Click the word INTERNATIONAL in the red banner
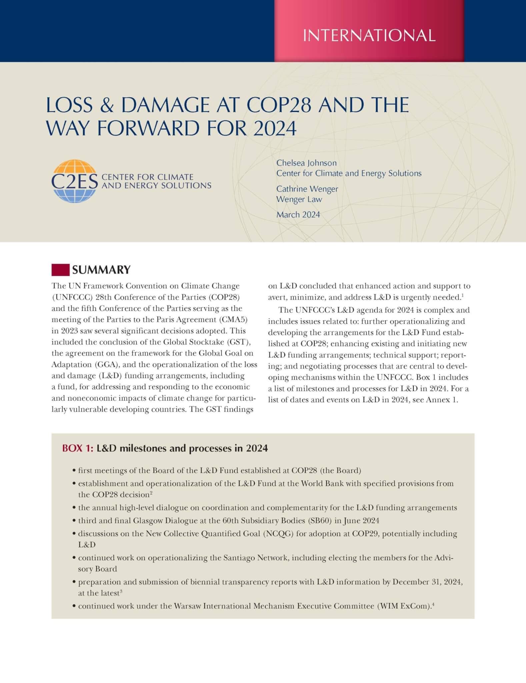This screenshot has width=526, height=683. (x=369, y=35)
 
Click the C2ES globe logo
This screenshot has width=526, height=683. (x=74, y=181)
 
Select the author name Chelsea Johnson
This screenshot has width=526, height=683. (x=306, y=163)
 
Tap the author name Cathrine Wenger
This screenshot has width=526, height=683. (x=307, y=189)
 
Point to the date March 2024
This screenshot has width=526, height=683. (x=298, y=214)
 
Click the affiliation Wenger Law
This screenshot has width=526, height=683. (x=299, y=199)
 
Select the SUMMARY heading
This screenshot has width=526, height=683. (x=101, y=269)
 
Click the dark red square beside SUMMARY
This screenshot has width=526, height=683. (x=60, y=269)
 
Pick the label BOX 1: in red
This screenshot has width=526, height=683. (x=78, y=448)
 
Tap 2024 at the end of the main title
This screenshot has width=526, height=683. (x=275, y=128)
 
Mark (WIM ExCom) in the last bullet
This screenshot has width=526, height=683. (x=403, y=606)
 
